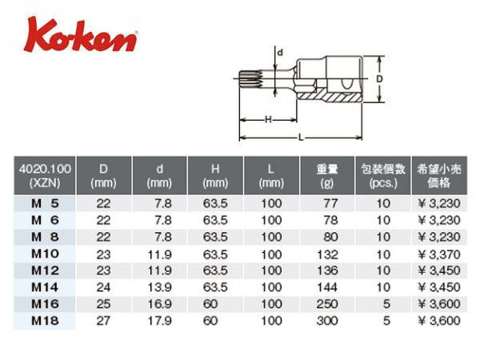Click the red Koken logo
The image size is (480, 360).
click(80, 35)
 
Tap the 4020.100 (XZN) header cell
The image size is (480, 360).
click(45, 175)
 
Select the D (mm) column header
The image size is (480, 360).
click(103, 175)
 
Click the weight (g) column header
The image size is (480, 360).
click(327, 175)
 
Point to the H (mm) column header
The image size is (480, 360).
click(215, 175)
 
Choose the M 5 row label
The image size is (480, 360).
click(45, 203)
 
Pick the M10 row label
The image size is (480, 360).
click(45, 254)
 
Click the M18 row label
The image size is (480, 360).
click(45, 321)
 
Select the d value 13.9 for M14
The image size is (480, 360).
click(159, 287)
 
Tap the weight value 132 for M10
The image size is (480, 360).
click(327, 254)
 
